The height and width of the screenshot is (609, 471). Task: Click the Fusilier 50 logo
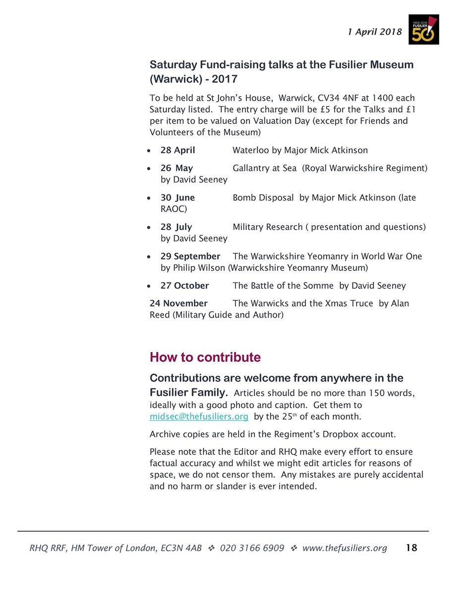423,30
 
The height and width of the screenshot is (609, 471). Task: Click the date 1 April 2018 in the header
374,32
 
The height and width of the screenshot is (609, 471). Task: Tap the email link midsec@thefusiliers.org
199,417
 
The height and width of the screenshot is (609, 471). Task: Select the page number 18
412,548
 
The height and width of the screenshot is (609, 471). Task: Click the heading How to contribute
205,358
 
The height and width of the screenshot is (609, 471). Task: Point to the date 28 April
177,150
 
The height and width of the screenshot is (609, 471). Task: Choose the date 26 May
177,168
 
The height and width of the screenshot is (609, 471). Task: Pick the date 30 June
177,198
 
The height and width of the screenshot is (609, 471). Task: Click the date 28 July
176,227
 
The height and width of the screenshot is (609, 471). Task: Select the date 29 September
190,256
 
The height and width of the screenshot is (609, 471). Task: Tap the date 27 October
184,286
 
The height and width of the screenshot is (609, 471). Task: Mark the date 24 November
178,303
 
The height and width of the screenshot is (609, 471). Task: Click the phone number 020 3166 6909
252,548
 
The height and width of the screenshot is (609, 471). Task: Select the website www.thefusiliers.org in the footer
345,548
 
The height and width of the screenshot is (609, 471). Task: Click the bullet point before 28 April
149,151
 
